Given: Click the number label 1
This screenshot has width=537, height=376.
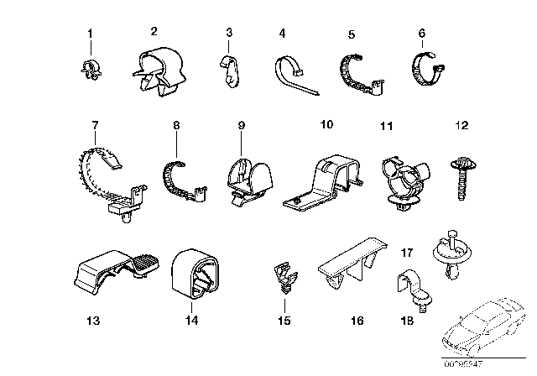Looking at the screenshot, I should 91,34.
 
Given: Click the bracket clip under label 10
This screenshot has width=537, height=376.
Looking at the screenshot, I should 326,180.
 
